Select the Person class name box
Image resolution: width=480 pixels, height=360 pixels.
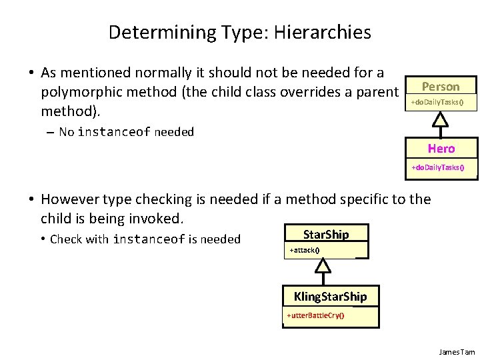(x=441, y=86)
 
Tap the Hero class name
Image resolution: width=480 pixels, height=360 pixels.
(x=441, y=149)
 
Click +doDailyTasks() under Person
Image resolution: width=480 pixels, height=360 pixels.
(x=437, y=102)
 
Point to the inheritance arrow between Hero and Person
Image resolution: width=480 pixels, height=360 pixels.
(x=439, y=121)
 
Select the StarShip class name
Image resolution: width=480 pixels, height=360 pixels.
(x=325, y=234)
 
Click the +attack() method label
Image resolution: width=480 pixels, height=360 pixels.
(x=304, y=251)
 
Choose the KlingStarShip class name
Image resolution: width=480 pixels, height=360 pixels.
(x=330, y=296)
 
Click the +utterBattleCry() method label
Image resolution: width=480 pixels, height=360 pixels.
(x=315, y=315)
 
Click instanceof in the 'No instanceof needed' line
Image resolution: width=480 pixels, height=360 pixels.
(x=114, y=132)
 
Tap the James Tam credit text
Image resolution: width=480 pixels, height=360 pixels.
(x=457, y=351)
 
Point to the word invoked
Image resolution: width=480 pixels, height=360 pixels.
(x=158, y=218)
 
